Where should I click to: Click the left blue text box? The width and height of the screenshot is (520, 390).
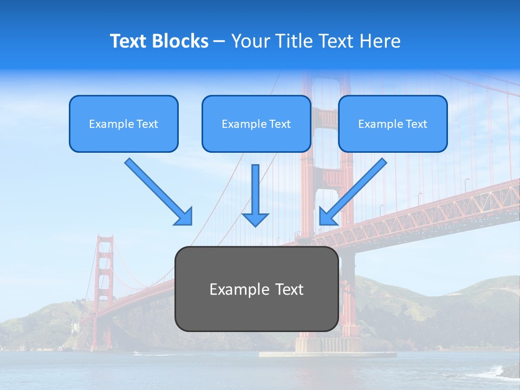(x=123, y=123)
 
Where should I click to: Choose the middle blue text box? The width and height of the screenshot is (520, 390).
(x=256, y=123)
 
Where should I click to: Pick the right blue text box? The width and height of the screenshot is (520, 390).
(x=393, y=123)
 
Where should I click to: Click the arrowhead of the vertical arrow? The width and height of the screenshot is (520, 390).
(x=255, y=219)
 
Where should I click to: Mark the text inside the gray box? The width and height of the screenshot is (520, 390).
(x=256, y=289)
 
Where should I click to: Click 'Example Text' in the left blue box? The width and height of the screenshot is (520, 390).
(x=123, y=124)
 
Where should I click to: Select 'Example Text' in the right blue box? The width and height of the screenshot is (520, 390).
(x=393, y=124)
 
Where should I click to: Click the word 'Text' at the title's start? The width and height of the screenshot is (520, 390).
(x=129, y=41)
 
